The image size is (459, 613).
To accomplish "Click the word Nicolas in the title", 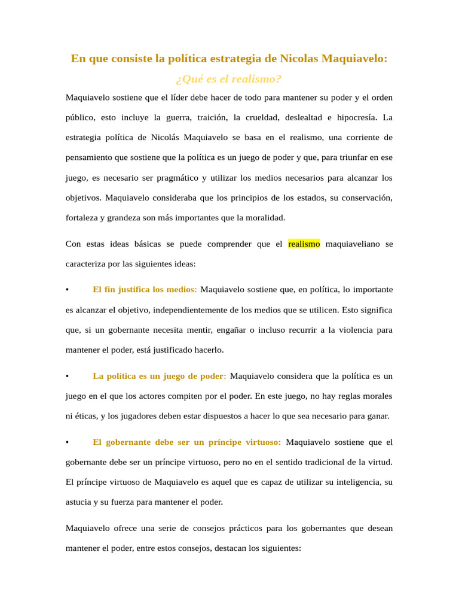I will click(299, 59).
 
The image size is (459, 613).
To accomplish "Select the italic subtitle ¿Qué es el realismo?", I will click(229, 79).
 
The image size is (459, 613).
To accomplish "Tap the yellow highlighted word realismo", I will click(304, 244).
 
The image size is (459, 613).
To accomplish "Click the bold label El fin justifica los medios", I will click(145, 290).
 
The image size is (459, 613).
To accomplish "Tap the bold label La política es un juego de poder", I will click(160, 376).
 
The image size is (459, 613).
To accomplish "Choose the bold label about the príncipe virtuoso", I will click(186, 442).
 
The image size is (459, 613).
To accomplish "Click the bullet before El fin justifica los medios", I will click(68, 290).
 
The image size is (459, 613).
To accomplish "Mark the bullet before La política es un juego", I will click(68, 376).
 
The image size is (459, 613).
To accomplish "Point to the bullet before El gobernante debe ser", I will click(68, 442).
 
